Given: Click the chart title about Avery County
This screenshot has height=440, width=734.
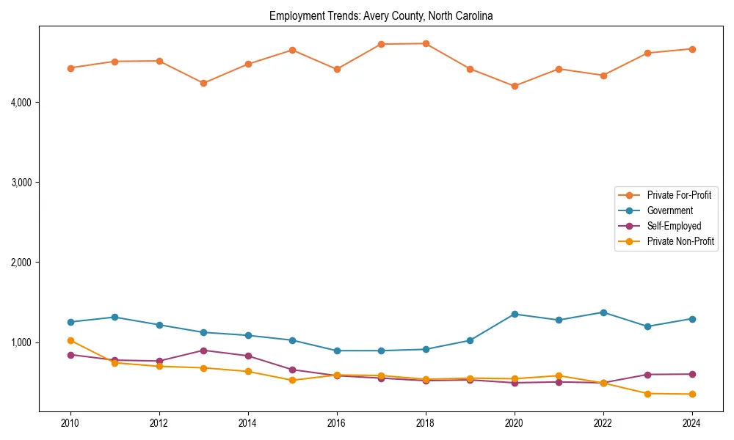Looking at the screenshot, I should pos(381,15).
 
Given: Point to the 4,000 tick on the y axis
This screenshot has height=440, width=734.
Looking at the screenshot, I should pos(21,102).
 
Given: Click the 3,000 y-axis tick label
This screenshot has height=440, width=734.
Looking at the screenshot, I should pos(21,182).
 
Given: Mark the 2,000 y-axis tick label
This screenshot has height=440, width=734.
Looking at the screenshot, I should pos(21,263).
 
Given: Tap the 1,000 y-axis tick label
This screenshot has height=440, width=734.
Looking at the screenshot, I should pos(21,342).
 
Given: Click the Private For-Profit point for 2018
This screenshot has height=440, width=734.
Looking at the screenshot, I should pos(426,43).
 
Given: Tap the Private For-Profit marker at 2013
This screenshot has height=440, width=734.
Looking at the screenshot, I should pos(203,83).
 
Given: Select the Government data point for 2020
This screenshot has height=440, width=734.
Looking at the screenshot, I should pos(515,314).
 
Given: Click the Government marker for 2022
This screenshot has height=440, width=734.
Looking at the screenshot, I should pos(603,312).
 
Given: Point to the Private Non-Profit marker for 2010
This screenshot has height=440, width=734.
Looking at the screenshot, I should pos(70,340).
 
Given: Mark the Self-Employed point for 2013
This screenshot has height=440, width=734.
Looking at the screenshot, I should pos(203,351).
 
